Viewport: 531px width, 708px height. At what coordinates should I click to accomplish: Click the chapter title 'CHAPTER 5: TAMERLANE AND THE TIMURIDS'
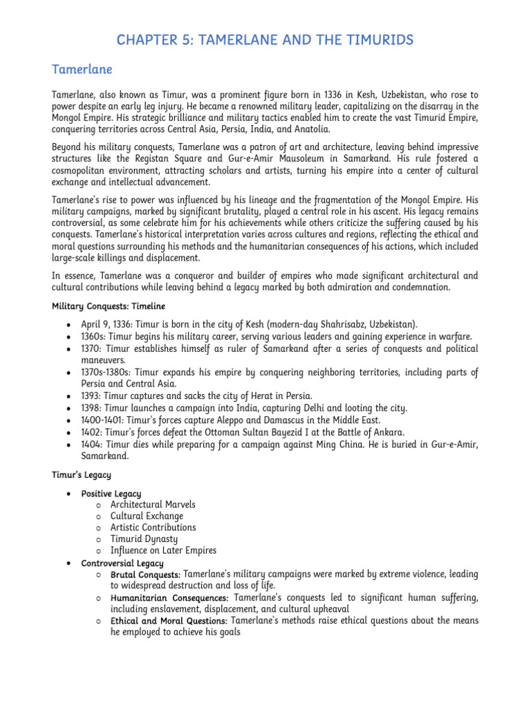click(265, 40)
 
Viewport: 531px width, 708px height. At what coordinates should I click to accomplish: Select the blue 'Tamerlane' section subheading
click(82, 70)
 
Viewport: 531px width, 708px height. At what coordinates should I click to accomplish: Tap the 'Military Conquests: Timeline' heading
click(109, 306)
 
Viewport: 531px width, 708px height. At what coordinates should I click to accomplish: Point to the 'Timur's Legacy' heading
click(82, 475)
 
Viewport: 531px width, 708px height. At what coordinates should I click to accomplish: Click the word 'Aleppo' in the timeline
click(222, 420)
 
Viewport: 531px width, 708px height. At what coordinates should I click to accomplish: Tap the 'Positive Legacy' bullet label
click(111, 494)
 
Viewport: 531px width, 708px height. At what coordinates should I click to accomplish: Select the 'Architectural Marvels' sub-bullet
click(153, 505)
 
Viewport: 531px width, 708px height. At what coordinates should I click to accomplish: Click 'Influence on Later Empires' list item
click(163, 550)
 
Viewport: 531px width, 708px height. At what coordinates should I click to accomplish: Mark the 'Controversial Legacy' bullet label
click(121, 563)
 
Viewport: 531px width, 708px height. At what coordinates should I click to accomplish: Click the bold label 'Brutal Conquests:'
click(145, 575)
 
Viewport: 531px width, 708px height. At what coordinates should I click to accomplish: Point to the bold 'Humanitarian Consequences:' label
click(169, 597)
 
